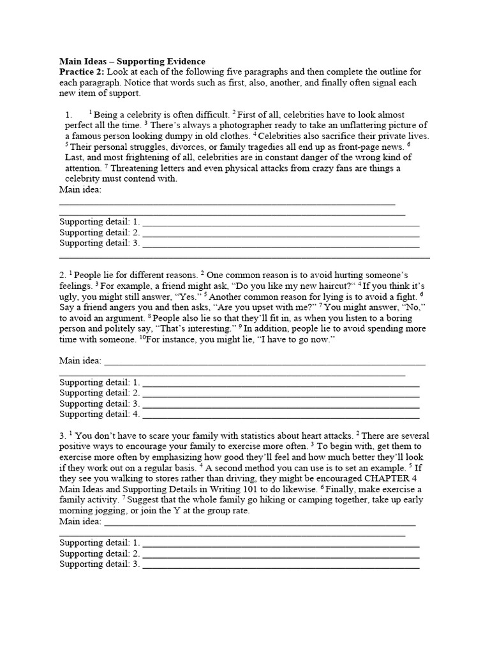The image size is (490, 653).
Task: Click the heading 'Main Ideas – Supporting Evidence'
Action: pos(132,61)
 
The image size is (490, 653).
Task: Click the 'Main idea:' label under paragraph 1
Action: pos(80,189)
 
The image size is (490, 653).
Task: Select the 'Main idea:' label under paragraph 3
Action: pos(80,522)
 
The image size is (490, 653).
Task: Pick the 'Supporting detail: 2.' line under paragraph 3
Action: pos(281,554)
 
